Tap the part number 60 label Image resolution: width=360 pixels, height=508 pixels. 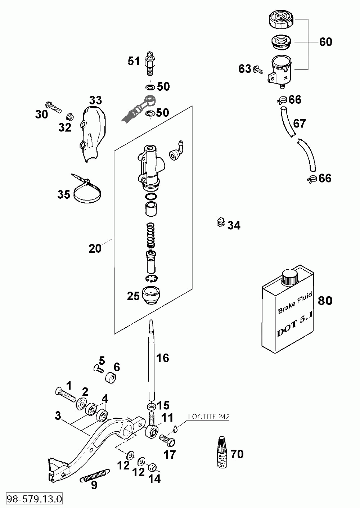pyautogui.click(x=325, y=42)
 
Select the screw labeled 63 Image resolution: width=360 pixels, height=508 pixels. pyautogui.click(x=258, y=69)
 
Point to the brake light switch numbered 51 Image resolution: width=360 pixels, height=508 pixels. pyautogui.click(x=151, y=63)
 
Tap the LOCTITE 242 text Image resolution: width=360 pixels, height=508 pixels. pyautogui.click(x=209, y=417)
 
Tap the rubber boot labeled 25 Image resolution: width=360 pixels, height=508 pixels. pyautogui.click(x=152, y=295)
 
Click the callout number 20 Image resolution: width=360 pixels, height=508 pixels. pyautogui.click(x=95, y=248)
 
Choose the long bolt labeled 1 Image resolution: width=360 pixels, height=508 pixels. pyautogui.click(x=66, y=394)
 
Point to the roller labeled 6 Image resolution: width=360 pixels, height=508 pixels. pyautogui.click(x=111, y=377)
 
